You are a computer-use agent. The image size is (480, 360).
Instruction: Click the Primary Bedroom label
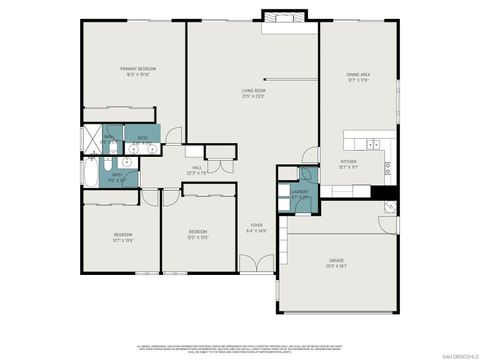(138, 69)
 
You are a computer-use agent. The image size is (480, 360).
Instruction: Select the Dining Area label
(358, 75)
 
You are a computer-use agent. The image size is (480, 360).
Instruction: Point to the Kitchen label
(349, 160)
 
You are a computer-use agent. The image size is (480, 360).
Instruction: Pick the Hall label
(197, 167)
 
